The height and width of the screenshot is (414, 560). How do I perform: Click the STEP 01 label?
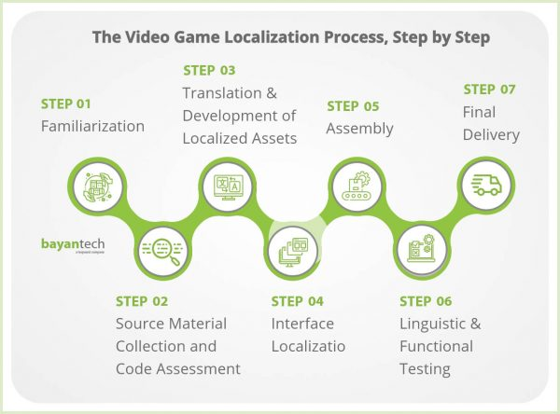click(x=66, y=103)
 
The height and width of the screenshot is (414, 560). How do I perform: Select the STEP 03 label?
click(x=209, y=70)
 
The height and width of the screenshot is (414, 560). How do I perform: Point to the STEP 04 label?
click(x=298, y=301)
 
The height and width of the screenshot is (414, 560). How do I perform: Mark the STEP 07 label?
click(x=492, y=90)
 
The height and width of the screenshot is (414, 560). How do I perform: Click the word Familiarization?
click(x=92, y=126)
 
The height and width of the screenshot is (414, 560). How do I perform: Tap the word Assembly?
click(x=359, y=129)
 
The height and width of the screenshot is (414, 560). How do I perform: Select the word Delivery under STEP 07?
click(x=491, y=135)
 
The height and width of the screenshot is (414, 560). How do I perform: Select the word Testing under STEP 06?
click(x=425, y=368)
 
